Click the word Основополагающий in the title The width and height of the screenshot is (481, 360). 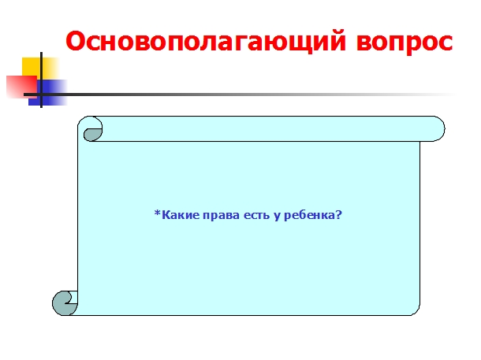pyautogui.click(x=206, y=42)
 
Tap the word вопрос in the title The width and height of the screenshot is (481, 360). pyautogui.click(x=405, y=43)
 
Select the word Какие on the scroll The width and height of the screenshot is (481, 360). pyautogui.click(x=181, y=215)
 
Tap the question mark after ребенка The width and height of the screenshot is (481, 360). pyautogui.click(x=338, y=215)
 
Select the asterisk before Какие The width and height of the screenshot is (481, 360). pyautogui.click(x=158, y=213)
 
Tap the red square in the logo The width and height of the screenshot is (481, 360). pyautogui.click(x=21, y=87)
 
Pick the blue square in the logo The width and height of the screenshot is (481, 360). pyautogui.click(x=47, y=92)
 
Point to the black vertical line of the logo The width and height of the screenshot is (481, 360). pyautogui.click(x=42, y=80)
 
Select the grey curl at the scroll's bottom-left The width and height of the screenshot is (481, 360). pyautogui.click(x=63, y=303)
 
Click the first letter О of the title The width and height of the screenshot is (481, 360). pyautogui.click(x=76, y=42)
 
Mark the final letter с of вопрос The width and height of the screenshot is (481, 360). pyautogui.click(x=445, y=43)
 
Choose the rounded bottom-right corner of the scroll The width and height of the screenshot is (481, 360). pyautogui.click(x=416, y=311)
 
